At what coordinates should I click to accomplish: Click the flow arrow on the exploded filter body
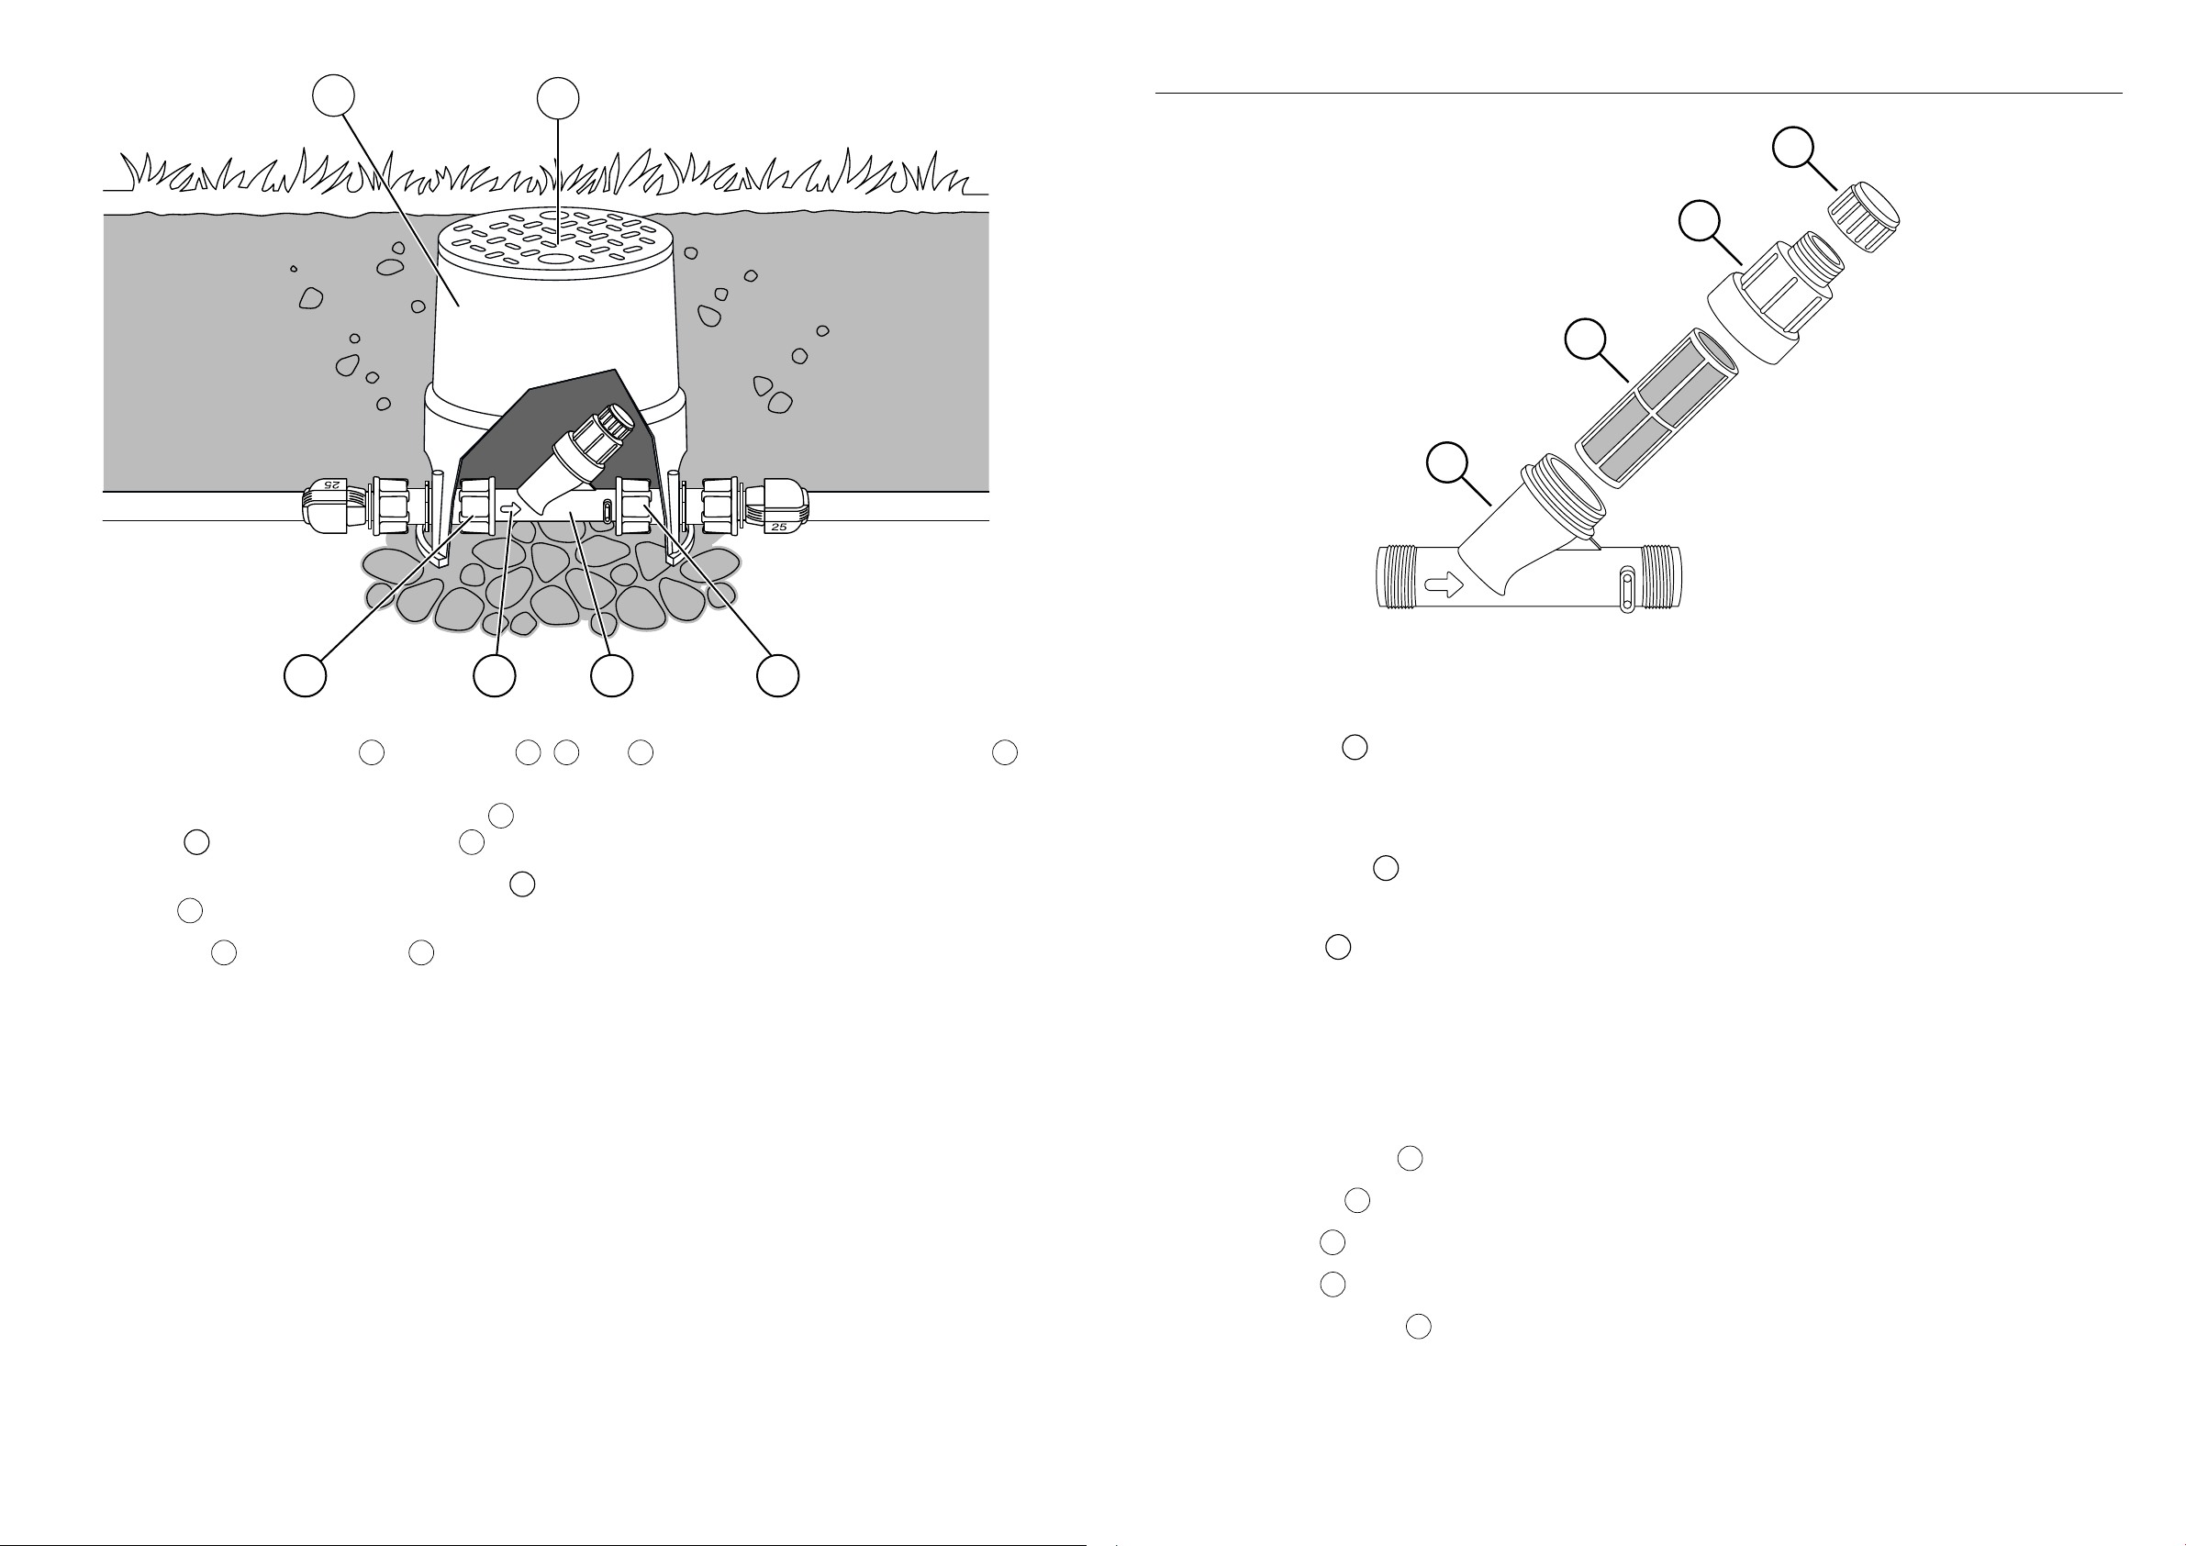[1445, 584]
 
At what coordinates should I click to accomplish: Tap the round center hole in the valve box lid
[556, 258]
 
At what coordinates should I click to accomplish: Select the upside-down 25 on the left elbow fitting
[329, 484]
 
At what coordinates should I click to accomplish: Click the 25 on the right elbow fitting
[780, 527]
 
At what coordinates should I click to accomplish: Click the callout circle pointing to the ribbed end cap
[1793, 148]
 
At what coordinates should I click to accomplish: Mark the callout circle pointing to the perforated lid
[558, 99]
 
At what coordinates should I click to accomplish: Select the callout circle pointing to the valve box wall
[334, 96]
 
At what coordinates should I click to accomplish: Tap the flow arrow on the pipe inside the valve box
[508, 507]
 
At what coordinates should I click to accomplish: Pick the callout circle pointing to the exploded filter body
[1447, 462]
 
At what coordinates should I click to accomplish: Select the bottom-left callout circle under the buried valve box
[306, 675]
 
